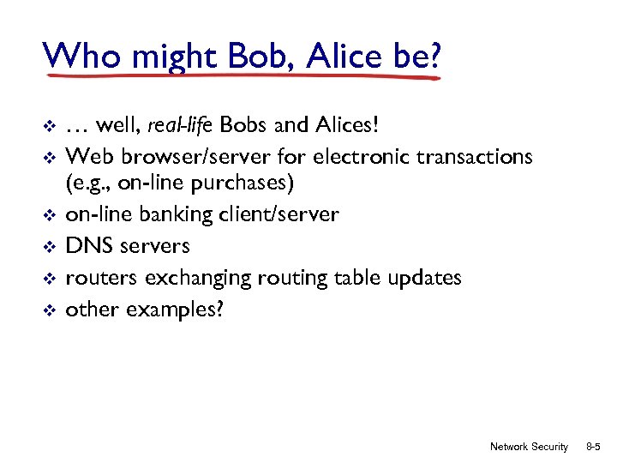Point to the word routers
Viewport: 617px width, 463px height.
[102, 278]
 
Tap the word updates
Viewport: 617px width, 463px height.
[424, 278]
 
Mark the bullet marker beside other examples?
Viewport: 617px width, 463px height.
[49, 310]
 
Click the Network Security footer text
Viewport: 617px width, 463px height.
[529, 447]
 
